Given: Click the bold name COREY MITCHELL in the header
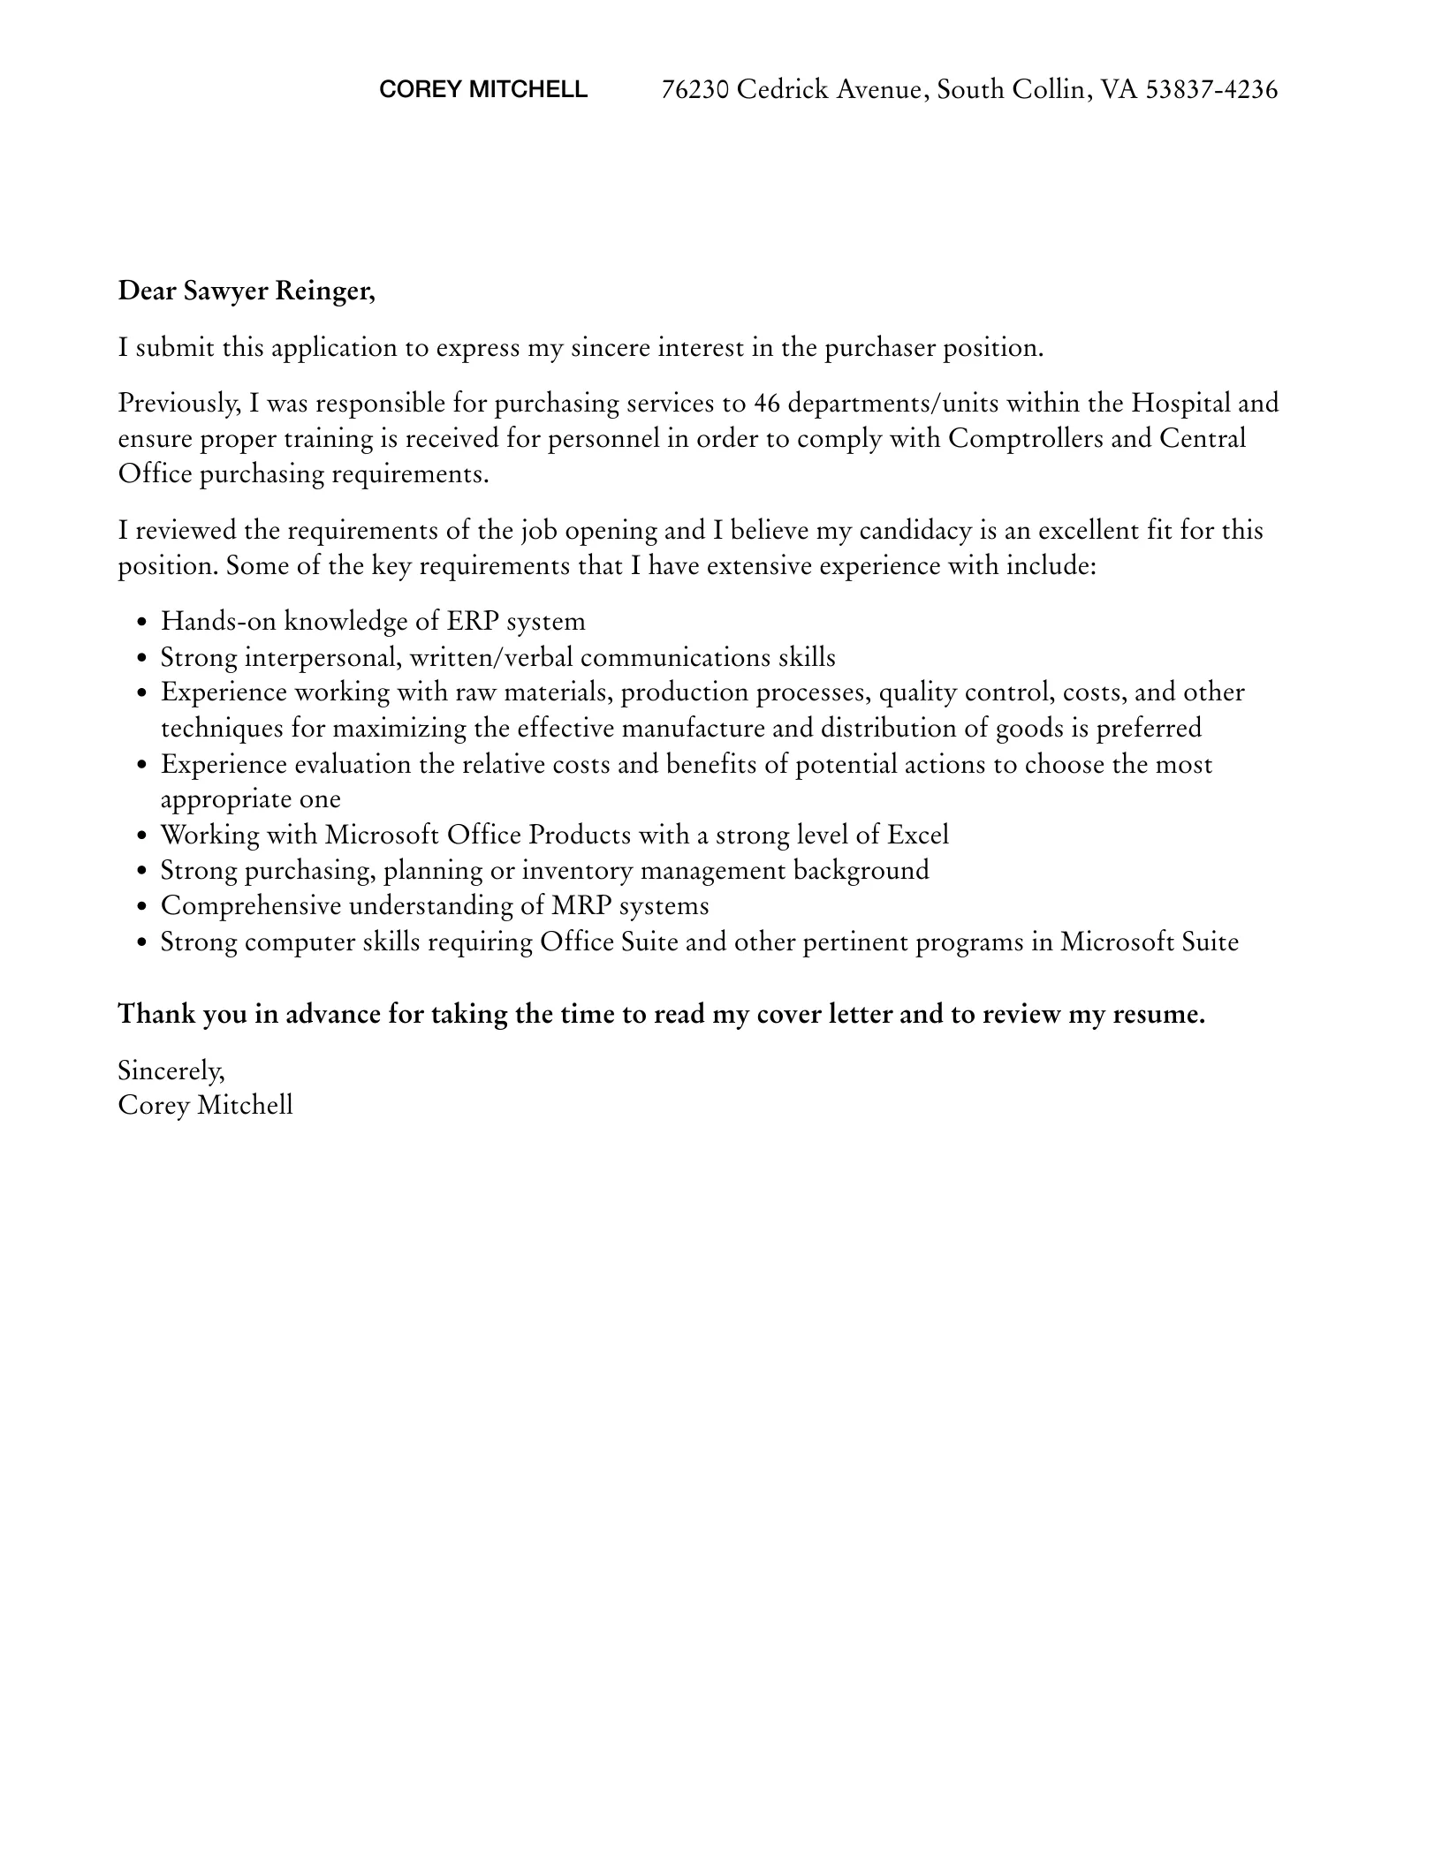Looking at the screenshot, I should [x=482, y=89].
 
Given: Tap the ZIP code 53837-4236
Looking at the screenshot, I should [x=1211, y=89].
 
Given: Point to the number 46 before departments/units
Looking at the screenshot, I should [x=765, y=403].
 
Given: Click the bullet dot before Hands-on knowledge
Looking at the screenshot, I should [x=143, y=623].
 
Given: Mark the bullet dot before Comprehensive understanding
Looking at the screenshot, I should [x=143, y=907].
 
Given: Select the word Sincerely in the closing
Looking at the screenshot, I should [x=171, y=1070].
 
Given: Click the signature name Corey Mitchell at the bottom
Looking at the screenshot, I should [x=205, y=1105].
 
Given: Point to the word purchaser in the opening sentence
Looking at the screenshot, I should [x=879, y=347].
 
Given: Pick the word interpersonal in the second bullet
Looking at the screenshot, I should [x=323, y=657].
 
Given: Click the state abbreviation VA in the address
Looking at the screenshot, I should [x=1119, y=89].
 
